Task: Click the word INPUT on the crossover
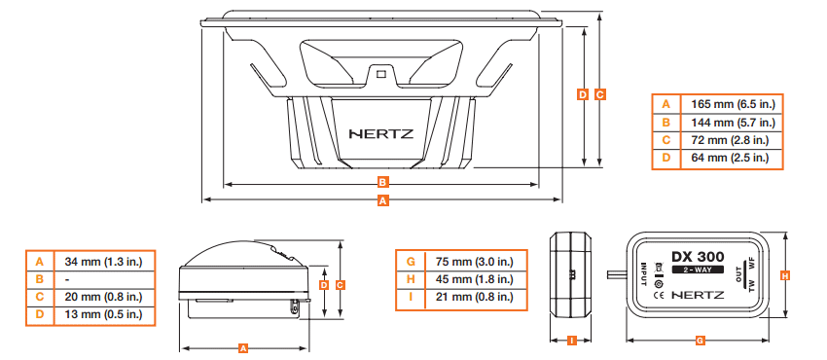644,275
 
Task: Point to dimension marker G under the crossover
701,341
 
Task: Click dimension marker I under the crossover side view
572,341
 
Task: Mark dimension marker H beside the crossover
785,275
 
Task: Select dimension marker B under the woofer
383,182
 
